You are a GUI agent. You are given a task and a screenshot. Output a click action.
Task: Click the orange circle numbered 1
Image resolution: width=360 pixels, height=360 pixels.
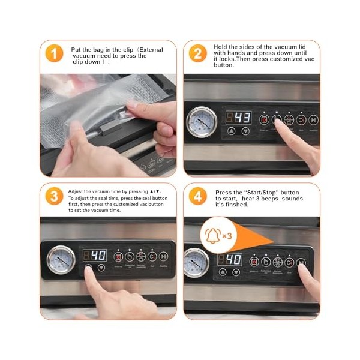54,53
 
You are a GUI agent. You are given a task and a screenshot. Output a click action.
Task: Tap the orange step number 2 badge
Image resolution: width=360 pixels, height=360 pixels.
198,53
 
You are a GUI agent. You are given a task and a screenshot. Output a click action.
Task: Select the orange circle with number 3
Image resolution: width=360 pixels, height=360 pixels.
54,197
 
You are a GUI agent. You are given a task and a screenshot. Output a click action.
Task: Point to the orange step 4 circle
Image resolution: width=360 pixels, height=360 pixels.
198,197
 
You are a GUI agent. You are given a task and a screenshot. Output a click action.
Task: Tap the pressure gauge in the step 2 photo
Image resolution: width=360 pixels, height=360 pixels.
202,123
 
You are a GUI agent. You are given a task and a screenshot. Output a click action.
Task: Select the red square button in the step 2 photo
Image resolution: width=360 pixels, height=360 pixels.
264,119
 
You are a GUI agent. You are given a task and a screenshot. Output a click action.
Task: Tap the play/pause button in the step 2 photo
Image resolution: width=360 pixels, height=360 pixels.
314,119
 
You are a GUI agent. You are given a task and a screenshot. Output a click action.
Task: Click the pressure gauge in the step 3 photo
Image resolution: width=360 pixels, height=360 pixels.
61,259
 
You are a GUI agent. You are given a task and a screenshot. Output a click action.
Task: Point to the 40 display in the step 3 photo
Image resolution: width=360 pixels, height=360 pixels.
94,256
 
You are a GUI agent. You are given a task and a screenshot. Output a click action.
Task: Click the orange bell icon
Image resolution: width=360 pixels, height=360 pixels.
212,235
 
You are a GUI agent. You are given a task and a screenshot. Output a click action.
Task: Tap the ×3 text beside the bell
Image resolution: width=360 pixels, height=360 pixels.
227,236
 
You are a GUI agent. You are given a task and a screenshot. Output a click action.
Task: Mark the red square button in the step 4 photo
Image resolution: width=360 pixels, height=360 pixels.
254,262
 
